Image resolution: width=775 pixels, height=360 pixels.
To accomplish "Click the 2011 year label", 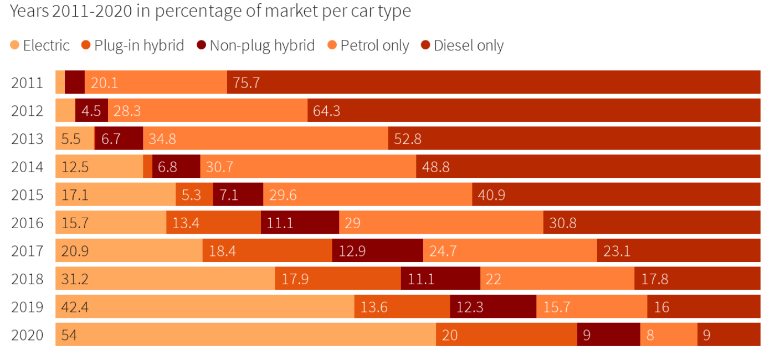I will pyautogui.click(x=27, y=83).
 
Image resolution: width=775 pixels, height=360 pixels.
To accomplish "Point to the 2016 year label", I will pyautogui.click(x=27, y=223).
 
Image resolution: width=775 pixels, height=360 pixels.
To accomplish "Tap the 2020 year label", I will pyautogui.click(x=27, y=335).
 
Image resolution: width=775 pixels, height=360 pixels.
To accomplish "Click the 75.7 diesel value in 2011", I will pyautogui.click(x=247, y=83).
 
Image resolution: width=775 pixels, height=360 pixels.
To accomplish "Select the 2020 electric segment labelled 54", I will pyautogui.click(x=245, y=335).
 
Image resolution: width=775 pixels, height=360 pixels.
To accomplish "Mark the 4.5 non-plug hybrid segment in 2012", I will pyautogui.click(x=91, y=111).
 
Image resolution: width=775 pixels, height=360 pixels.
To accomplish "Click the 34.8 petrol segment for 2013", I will pyautogui.click(x=265, y=138).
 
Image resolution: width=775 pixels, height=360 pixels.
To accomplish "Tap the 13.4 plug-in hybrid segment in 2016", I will pyautogui.click(x=213, y=223).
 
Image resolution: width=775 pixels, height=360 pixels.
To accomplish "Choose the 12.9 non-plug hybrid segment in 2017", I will pyautogui.click(x=377, y=251).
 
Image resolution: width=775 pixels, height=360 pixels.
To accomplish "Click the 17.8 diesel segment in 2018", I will pyautogui.click(x=697, y=279).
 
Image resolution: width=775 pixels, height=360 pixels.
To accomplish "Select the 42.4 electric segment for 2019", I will pyautogui.click(x=205, y=307).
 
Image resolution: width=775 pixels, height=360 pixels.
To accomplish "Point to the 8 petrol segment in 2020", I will pyautogui.click(x=669, y=335).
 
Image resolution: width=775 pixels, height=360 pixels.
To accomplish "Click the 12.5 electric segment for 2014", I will pyautogui.click(x=99, y=167).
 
